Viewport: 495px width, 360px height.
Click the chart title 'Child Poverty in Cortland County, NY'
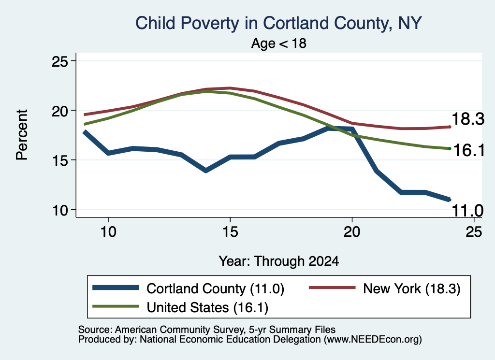[278, 23]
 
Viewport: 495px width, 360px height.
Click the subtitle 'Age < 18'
[279, 43]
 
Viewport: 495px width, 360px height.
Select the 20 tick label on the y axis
[59, 111]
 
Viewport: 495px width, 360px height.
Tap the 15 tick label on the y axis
[59, 160]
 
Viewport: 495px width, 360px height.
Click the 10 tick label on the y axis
[59, 210]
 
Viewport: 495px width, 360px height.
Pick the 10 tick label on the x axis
[108, 231]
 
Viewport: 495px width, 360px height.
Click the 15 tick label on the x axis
[230, 231]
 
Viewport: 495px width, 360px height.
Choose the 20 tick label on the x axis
[352, 231]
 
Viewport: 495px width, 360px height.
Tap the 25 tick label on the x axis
[474, 231]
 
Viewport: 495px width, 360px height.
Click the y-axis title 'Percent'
[22, 135]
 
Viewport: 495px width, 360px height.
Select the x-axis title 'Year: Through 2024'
[279, 261]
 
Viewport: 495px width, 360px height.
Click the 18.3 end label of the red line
[468, 119]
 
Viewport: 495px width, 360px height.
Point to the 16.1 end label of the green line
[469, 150]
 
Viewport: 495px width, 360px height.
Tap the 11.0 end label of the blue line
[467, 211]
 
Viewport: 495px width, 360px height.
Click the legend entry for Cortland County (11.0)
[189, 288]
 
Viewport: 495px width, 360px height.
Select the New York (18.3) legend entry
[384, 288]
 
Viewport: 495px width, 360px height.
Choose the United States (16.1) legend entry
[180, 307]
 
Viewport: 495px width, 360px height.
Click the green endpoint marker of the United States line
[450, 148]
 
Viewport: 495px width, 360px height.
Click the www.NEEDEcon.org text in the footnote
[373, 339]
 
